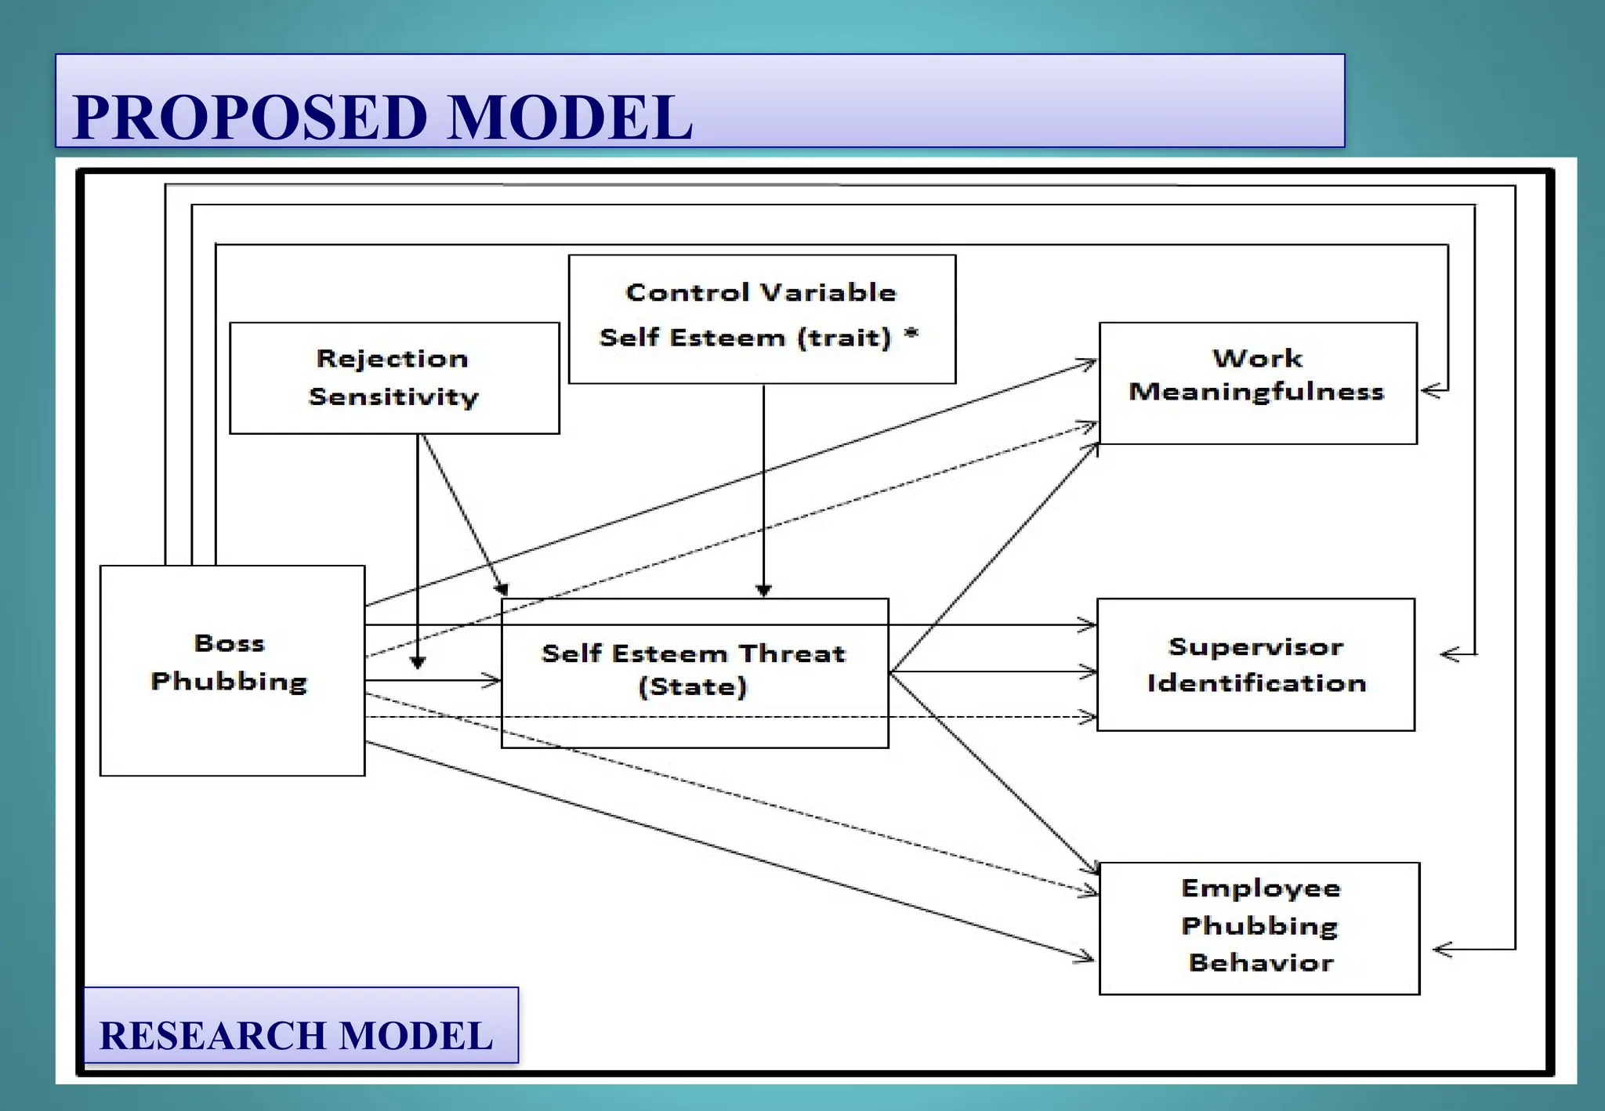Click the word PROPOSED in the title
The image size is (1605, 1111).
[249, 118]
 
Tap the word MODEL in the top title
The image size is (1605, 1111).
[570, 118]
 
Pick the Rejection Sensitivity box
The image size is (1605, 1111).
[393, 378]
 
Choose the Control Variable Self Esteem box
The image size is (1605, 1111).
[761, 318]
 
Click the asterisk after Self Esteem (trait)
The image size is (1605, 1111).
[911, 335]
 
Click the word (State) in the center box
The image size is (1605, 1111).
[693, 687]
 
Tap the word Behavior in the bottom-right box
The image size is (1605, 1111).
[1260, 963]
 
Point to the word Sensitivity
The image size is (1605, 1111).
[393, 397]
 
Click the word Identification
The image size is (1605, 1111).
[1256, 683]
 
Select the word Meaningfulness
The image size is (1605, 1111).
[1256, 392]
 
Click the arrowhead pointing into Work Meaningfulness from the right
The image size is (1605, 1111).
[1429, 390]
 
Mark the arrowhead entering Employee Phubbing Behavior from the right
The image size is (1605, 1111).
[1440, 950]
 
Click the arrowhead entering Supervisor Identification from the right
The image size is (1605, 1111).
[1449, 654]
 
